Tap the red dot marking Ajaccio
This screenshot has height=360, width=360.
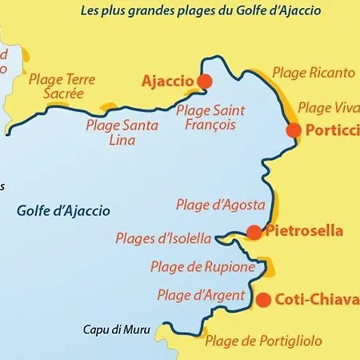[x=205, y=81]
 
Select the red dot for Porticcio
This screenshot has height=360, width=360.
[x=293, y=130]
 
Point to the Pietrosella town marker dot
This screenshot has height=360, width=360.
[x=254, y=232]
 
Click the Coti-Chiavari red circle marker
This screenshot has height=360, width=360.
[x=262, y=300]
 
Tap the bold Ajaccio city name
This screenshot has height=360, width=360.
[x=167, y=82]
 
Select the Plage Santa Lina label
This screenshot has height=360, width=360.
[x=122, y=132]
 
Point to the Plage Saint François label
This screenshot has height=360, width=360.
[x=210, y=118]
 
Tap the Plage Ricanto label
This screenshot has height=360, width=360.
[x=314, y=73]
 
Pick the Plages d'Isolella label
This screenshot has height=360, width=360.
[x=163, y=238]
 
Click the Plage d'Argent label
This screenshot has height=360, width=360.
[x=201, y=295]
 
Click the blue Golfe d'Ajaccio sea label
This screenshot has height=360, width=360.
[x=63, y=211]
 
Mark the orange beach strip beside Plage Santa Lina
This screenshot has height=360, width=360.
[x=110, y=106]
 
